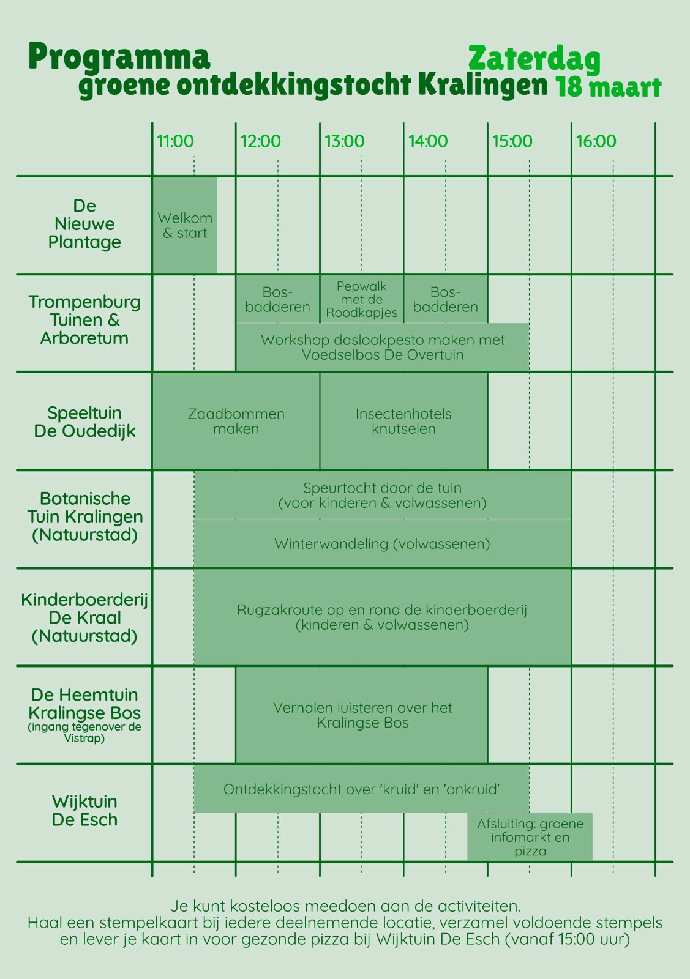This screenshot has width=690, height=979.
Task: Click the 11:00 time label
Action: pos(175,141)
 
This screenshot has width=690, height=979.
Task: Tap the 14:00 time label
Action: pos(427,141)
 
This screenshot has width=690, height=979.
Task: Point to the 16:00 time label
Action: pos(596,141)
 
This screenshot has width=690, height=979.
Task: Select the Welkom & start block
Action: pos(185,226)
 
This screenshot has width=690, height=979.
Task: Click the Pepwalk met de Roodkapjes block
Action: pos(362,299)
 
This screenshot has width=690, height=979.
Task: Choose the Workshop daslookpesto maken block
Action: pos(383,347)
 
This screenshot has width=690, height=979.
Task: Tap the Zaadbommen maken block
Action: pos(236,422)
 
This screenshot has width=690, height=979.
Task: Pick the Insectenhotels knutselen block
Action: pos(403,422)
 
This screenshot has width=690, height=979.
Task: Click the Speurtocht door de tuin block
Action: pos(383,495)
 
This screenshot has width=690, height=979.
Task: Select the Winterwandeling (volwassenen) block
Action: pos(383,543)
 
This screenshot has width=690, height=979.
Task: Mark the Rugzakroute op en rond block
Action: pos(383,617)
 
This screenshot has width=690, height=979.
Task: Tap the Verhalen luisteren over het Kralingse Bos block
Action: pos(362,715)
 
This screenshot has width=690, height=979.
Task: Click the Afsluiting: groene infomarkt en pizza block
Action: pos(530,837)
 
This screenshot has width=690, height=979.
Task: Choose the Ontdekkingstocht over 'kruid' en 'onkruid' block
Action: pos(362,789)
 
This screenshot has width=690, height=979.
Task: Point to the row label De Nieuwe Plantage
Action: pos(84,224)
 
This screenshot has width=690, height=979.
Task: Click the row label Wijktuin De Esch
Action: pos(84,811)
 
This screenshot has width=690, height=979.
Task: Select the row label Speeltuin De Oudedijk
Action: pos(84,422)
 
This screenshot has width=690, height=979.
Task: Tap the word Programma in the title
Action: pos(119,57)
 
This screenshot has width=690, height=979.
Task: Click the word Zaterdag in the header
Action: pos(534,59)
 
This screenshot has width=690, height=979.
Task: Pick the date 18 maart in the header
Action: pos(609,87)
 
